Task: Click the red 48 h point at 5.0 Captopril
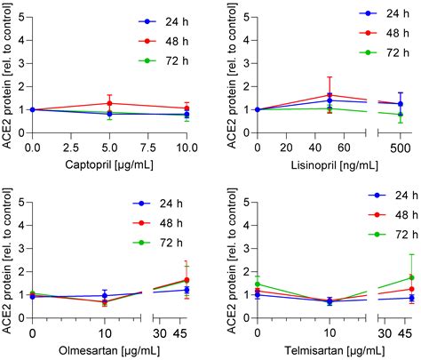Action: click(x=109, y=103)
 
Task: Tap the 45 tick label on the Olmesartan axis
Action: click(x=185, y=331)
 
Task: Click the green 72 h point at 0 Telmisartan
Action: click(x=257, y=284)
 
